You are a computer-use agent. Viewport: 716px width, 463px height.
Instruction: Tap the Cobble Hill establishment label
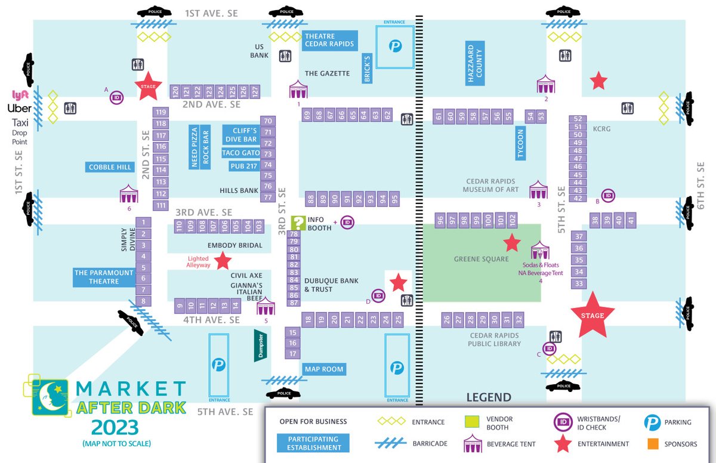[x=110, y=167]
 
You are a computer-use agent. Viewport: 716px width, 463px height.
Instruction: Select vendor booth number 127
[x=255, y=91]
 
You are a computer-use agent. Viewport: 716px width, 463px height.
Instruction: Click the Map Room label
[x=324, y=369]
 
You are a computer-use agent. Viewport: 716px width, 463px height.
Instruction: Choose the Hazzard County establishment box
[x=475, y=62]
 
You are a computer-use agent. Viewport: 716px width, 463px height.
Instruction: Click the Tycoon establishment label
[x=520, y=144]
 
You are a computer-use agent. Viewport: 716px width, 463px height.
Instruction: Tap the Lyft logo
[x=21, y=94]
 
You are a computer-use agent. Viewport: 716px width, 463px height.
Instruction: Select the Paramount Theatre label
[x=104, y=277]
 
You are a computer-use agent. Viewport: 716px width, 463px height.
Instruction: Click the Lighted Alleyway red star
[x=223, y=261]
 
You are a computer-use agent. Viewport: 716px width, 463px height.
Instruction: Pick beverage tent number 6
[x=129, y=194]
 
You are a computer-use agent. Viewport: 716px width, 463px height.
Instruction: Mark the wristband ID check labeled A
[x=117, y=97]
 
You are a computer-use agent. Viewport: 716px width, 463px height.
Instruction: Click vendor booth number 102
[x=512, y=220]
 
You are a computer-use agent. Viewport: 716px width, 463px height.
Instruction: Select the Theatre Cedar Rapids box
[x=329, y=40]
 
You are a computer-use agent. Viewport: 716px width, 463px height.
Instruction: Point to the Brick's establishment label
[x=368, y=68]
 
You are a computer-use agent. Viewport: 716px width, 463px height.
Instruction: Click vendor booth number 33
[x=578, y=283]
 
